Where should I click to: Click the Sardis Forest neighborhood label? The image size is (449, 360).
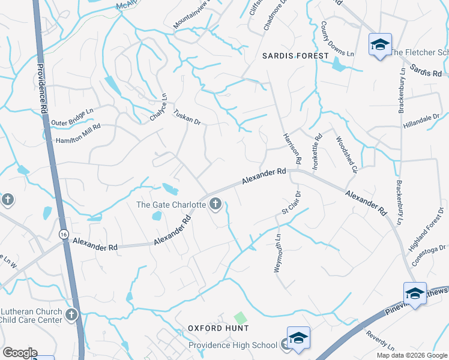(x=296, y=56)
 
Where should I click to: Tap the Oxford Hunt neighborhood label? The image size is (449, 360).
(x=218, y=328)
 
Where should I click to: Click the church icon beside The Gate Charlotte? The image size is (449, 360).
(x=214, y=205)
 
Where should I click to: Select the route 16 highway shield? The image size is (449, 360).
(x=63, y=235)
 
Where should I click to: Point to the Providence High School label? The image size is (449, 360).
(x=233, y=345)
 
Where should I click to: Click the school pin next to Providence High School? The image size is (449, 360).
(x=298, y=338)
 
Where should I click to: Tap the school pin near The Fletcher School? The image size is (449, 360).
(x=379, y=44)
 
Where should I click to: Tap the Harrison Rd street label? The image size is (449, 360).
(x=291, y=148)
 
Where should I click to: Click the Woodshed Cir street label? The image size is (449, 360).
(x=346, y=153)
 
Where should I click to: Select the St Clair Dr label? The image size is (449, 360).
(x=291, y=203)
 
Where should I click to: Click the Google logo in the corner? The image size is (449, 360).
(x=20, y=353)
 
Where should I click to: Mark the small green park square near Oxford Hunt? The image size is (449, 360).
(x=240, y=316)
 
